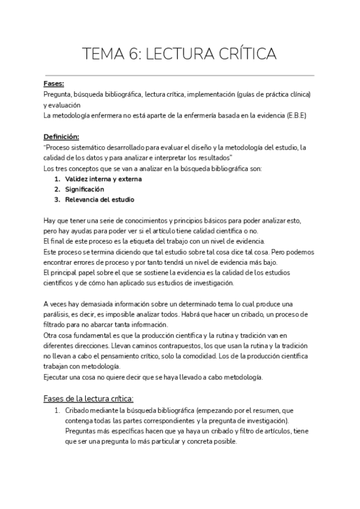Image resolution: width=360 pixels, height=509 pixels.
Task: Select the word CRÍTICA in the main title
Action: [244, 55]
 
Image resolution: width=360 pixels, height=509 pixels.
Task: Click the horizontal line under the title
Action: [180, 76]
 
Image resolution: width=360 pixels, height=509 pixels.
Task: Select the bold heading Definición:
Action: [61, 137]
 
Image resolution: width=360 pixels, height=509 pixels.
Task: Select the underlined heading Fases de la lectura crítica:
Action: [89, 399]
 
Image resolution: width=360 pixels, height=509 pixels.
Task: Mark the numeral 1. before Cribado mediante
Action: [57, 411]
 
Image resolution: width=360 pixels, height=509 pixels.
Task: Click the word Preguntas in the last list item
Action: [82, 431]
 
